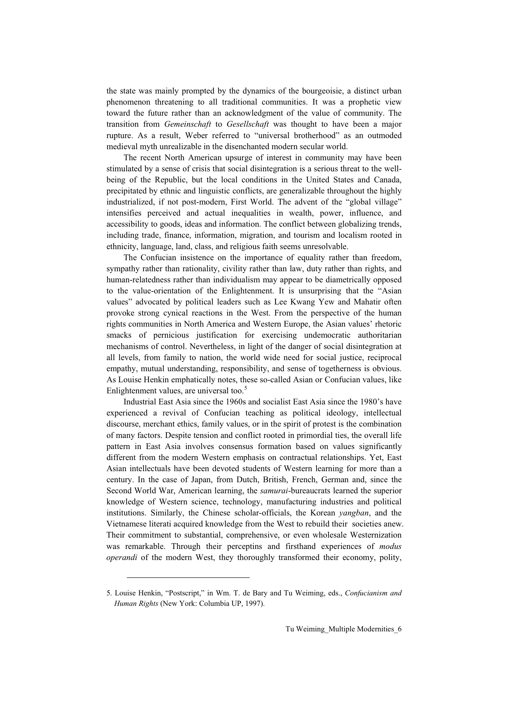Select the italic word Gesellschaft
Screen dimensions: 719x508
point(248,124)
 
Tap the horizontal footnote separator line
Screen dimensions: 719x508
point(188,577)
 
